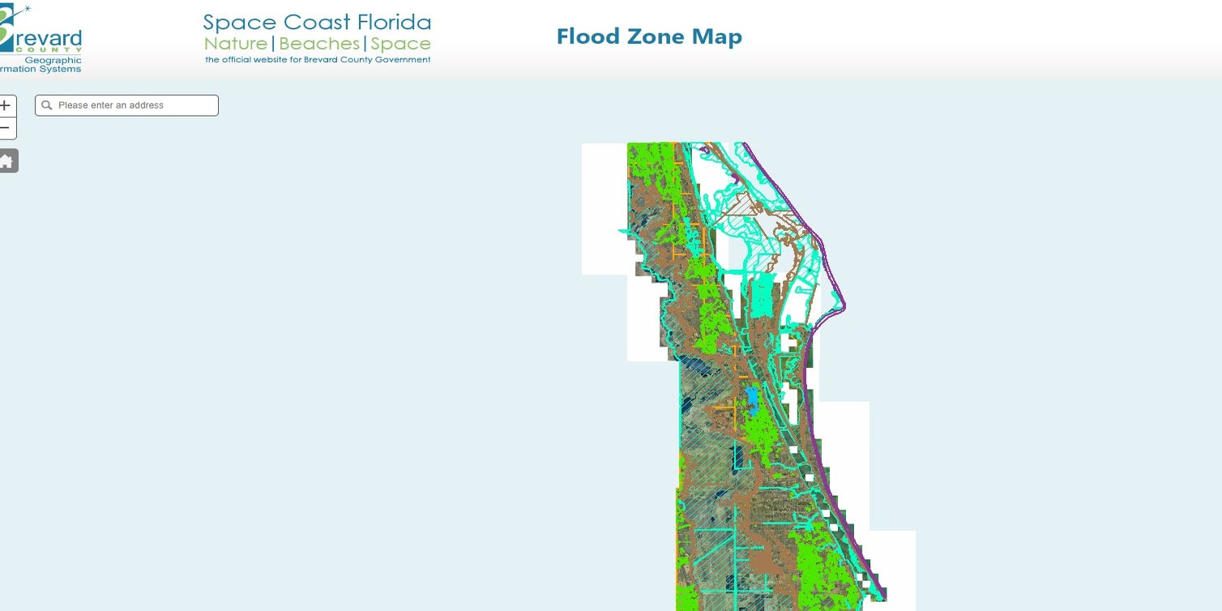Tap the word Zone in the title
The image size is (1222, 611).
652,36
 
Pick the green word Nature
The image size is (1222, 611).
236,44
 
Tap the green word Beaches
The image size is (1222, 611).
319,44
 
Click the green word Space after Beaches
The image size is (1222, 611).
401,44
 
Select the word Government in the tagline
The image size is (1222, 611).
404,60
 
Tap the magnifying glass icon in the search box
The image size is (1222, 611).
47,105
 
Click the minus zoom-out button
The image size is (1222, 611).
5,128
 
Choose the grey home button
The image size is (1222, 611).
6,160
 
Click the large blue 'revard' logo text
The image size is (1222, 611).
49,38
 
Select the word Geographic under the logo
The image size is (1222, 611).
53,61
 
